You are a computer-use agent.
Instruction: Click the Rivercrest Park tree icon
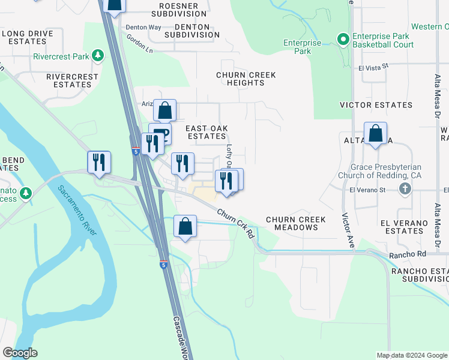pos(98,56)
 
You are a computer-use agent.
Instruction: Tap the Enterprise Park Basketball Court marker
pos(343,40)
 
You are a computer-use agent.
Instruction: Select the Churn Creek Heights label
pos(246,79)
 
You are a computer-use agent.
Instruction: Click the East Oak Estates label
pos(206,132)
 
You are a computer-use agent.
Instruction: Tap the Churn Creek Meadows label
pos(296,223)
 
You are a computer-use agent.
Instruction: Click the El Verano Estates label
pos(405,226)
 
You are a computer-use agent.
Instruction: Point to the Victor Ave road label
pos(348,230)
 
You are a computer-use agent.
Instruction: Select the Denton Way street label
pos(143,28)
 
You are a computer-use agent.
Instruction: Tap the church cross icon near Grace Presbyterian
pos(405,190)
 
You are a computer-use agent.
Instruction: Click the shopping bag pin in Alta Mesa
pos(375,133)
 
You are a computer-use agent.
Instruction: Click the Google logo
pos(20,353)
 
